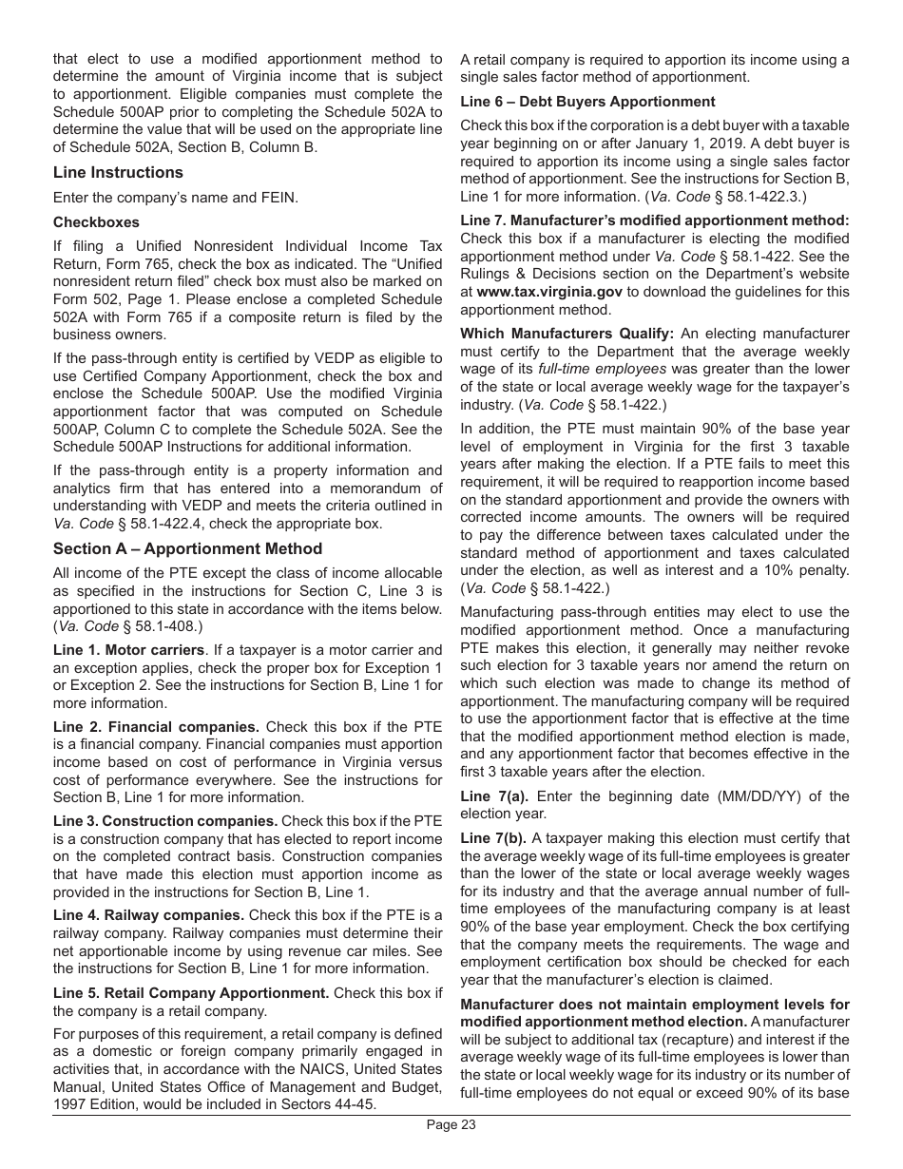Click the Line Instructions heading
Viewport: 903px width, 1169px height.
pos(118,172)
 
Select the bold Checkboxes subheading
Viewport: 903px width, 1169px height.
pos(96,222)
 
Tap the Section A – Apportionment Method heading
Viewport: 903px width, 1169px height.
pos(187,548)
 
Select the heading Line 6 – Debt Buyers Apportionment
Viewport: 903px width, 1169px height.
pos(587,102)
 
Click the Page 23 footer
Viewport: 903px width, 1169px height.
pos(451,1125)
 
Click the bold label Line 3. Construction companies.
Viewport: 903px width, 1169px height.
pos(165,821)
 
